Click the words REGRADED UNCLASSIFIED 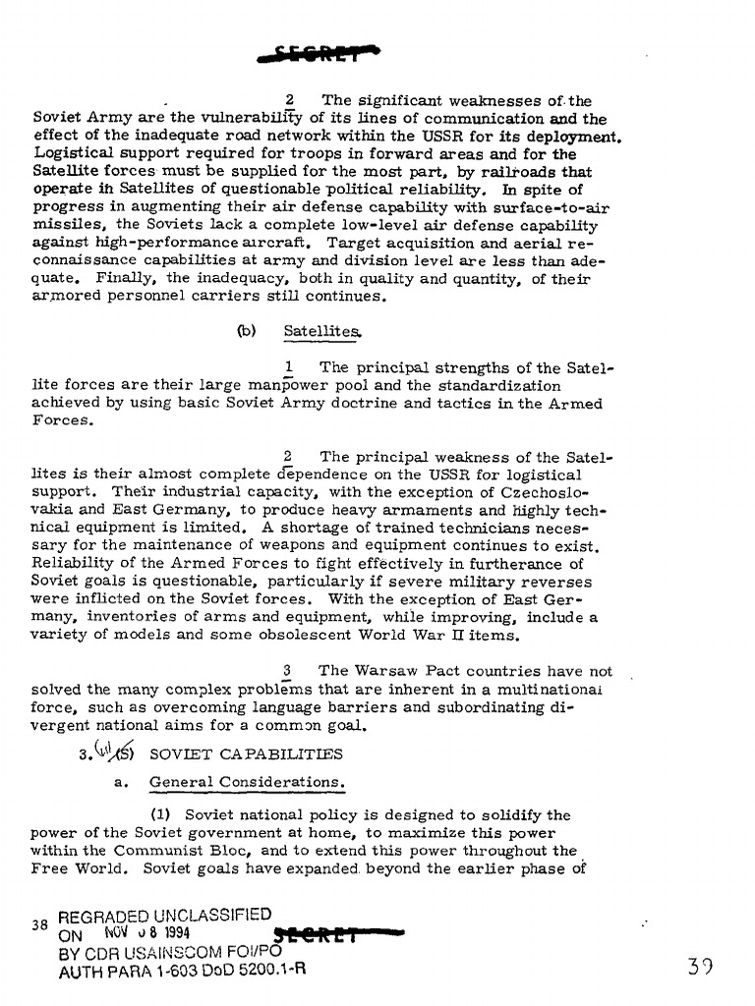point(164,915)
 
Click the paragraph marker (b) point(246,332)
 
